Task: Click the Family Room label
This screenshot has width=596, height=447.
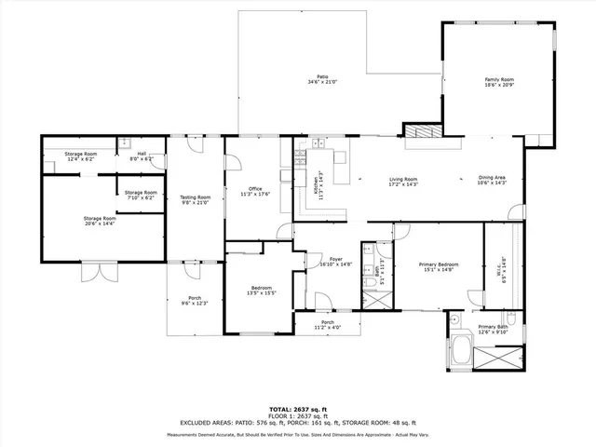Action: (x=499, y=82)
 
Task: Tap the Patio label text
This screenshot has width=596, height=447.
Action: (x=322, y=79)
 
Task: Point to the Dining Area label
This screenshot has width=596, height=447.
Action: (x=492, y=181)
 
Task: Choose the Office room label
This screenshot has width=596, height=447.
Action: (x=254, y=191)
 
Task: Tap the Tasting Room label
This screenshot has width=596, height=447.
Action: (x=196, y=199)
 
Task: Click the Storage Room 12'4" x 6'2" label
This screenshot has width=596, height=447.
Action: (x=81, y=156)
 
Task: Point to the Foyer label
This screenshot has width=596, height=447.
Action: (x=323, y=262)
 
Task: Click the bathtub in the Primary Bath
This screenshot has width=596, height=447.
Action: (x=459, y=353)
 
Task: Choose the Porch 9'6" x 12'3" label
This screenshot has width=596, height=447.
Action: (x=194, y=301)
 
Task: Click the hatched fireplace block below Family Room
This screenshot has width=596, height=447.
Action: (x=424, y=131)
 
